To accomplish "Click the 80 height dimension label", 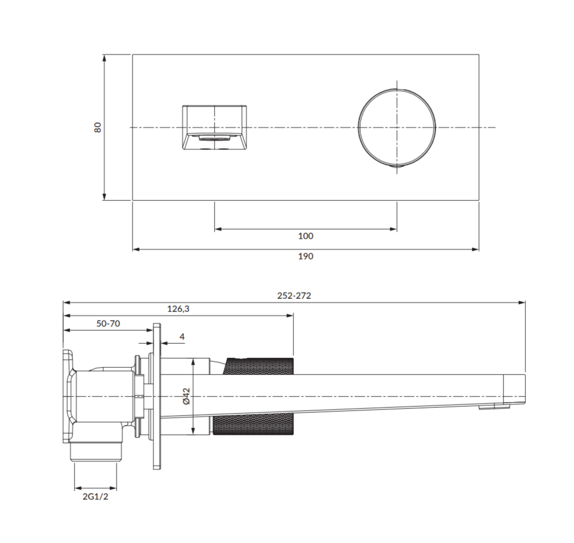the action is click(97, 128).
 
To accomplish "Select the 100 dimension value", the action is click(306, 236).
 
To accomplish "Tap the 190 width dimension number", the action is click(306, 256).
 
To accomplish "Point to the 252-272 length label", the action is click(294, 296).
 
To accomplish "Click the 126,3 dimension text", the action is click(178, 309).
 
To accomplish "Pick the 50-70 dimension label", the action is click(108, 324).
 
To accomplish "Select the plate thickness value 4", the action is click(182, 337).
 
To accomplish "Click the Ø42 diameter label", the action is click(187, 396).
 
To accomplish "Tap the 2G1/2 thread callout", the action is click(96, 497).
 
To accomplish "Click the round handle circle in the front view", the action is click(358, 128).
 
